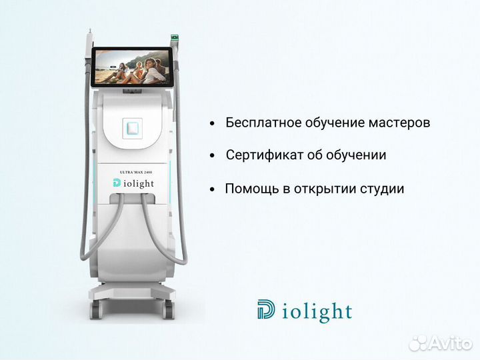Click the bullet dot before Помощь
(213, 190)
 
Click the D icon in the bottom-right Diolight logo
(265, 310)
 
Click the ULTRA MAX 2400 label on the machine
(136, 173)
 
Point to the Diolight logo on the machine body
(136, 183)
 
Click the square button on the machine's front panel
(135, 127)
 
